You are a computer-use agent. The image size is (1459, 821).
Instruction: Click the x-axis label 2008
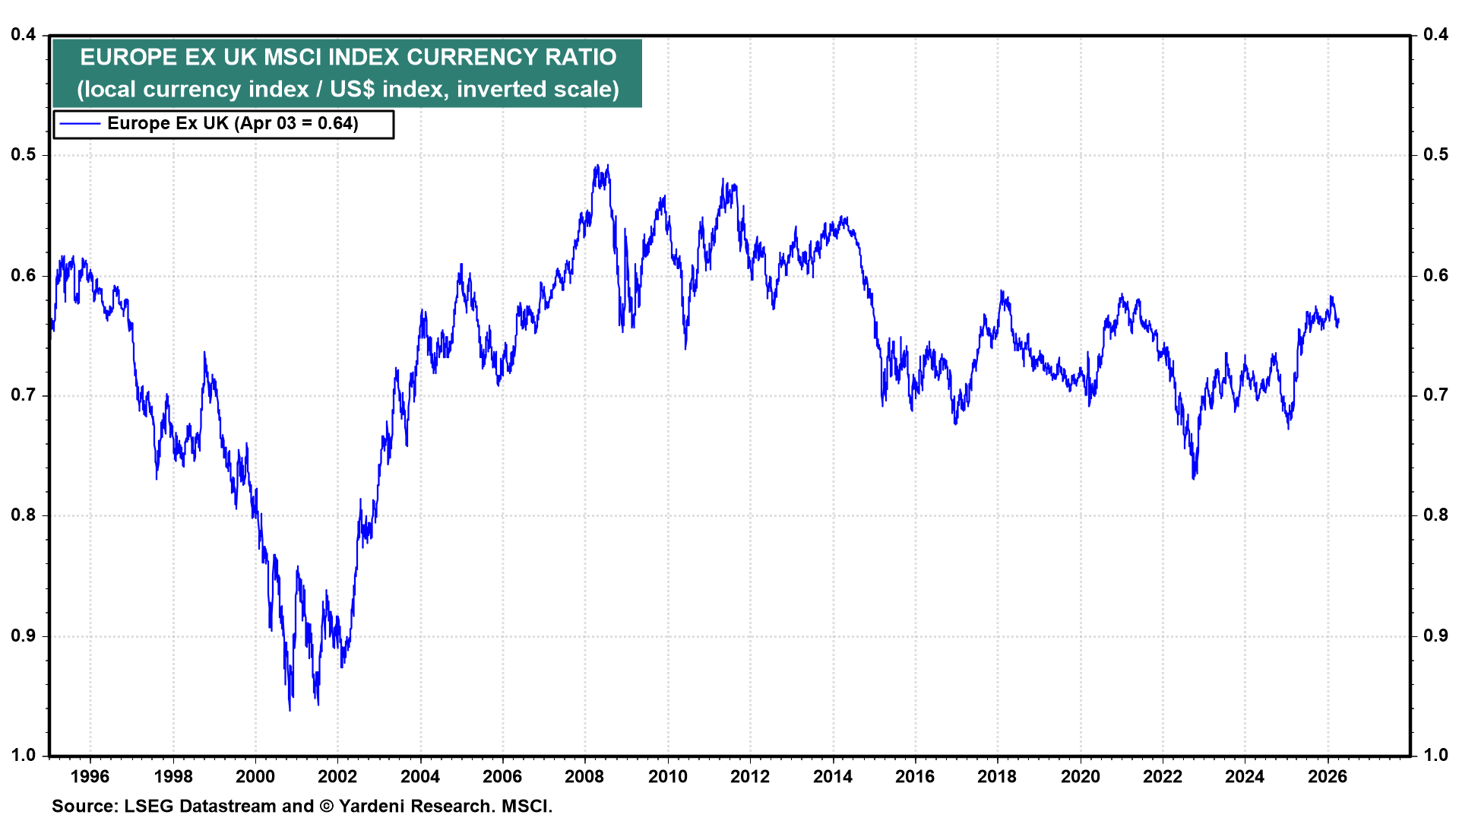[x=584, y=776]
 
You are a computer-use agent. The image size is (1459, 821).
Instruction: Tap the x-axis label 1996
[x=90, y=776]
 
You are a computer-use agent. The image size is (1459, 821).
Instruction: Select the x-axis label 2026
[x=1327, y=776]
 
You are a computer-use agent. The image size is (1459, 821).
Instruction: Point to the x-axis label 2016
[x=915, y=776]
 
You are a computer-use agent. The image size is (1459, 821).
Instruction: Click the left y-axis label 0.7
[x=24, y=395]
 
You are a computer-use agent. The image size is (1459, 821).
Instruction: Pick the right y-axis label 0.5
[x=1435, y=154]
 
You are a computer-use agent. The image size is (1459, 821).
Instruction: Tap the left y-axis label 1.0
[x=24, y=755]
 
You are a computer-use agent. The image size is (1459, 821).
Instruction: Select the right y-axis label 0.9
[x=1435, y=636]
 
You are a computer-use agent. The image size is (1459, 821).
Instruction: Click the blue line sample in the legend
[x=80, y=124]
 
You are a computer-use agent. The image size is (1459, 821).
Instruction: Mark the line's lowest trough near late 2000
[x=290, y=710]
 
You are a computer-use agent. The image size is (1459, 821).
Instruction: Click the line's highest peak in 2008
[x=597, y=165]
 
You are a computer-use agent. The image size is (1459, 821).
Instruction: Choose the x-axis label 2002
[x=337, y=776]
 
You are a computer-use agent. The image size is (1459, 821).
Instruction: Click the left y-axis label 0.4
[x=24, y=34]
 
